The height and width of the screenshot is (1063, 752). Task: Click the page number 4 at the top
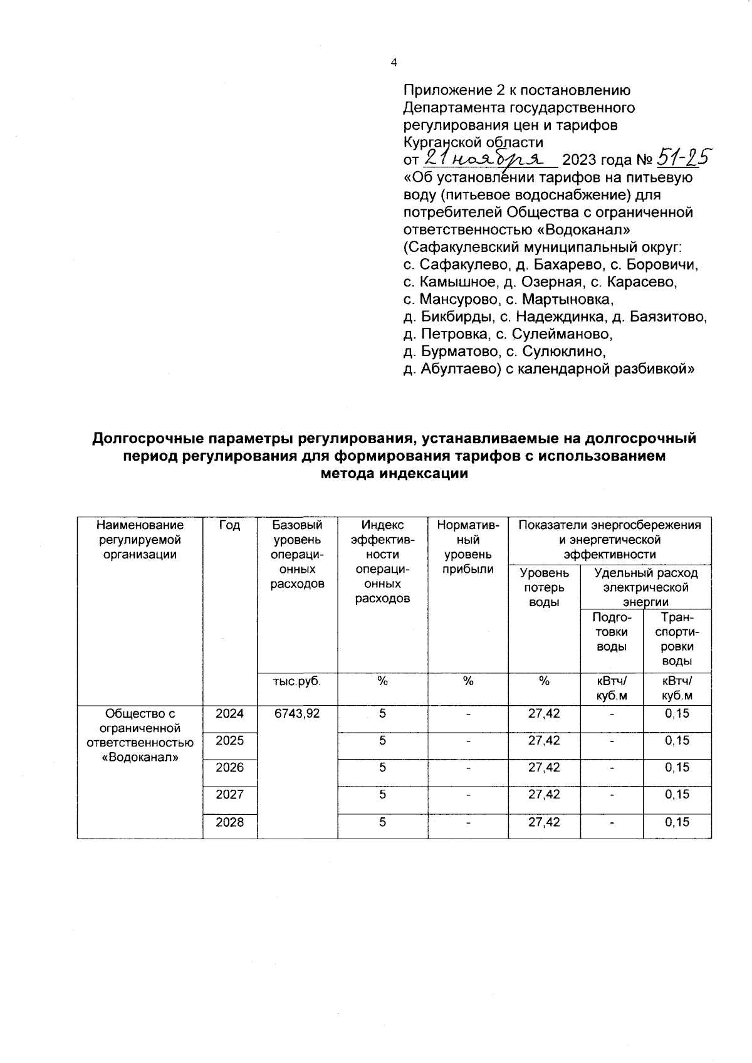[394, 63]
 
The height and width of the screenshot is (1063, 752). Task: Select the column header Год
[230, 525]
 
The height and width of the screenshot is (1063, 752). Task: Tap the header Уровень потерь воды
[544, 587]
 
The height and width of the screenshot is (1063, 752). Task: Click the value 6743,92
[297, 713]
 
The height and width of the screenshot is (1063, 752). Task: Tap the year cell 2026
[230, 768]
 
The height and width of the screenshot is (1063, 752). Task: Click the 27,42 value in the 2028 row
[544, 822]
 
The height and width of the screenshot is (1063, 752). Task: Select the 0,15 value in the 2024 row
[677, 713]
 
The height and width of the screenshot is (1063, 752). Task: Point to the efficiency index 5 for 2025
[382, 741]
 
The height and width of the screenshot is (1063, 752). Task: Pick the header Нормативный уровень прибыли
[467, 547]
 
